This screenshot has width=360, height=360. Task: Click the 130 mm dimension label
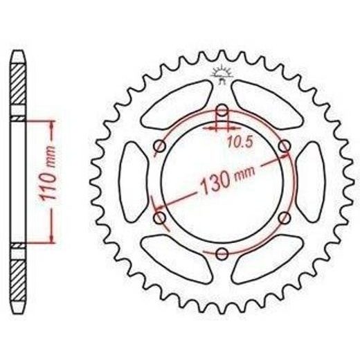(x=228, y=179)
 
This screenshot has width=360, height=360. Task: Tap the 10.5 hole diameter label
(x=240, y=141)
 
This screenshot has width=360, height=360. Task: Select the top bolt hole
(x=222, y=111)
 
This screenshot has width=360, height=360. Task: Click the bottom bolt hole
(x=222, y=253)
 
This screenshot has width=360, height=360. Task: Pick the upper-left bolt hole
(x=160, y=146)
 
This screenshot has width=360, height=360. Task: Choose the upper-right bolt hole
(x=285, y=146)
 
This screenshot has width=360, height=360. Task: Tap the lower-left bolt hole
(x=160, y=218)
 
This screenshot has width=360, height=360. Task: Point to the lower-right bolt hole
(x=285, y=218)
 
